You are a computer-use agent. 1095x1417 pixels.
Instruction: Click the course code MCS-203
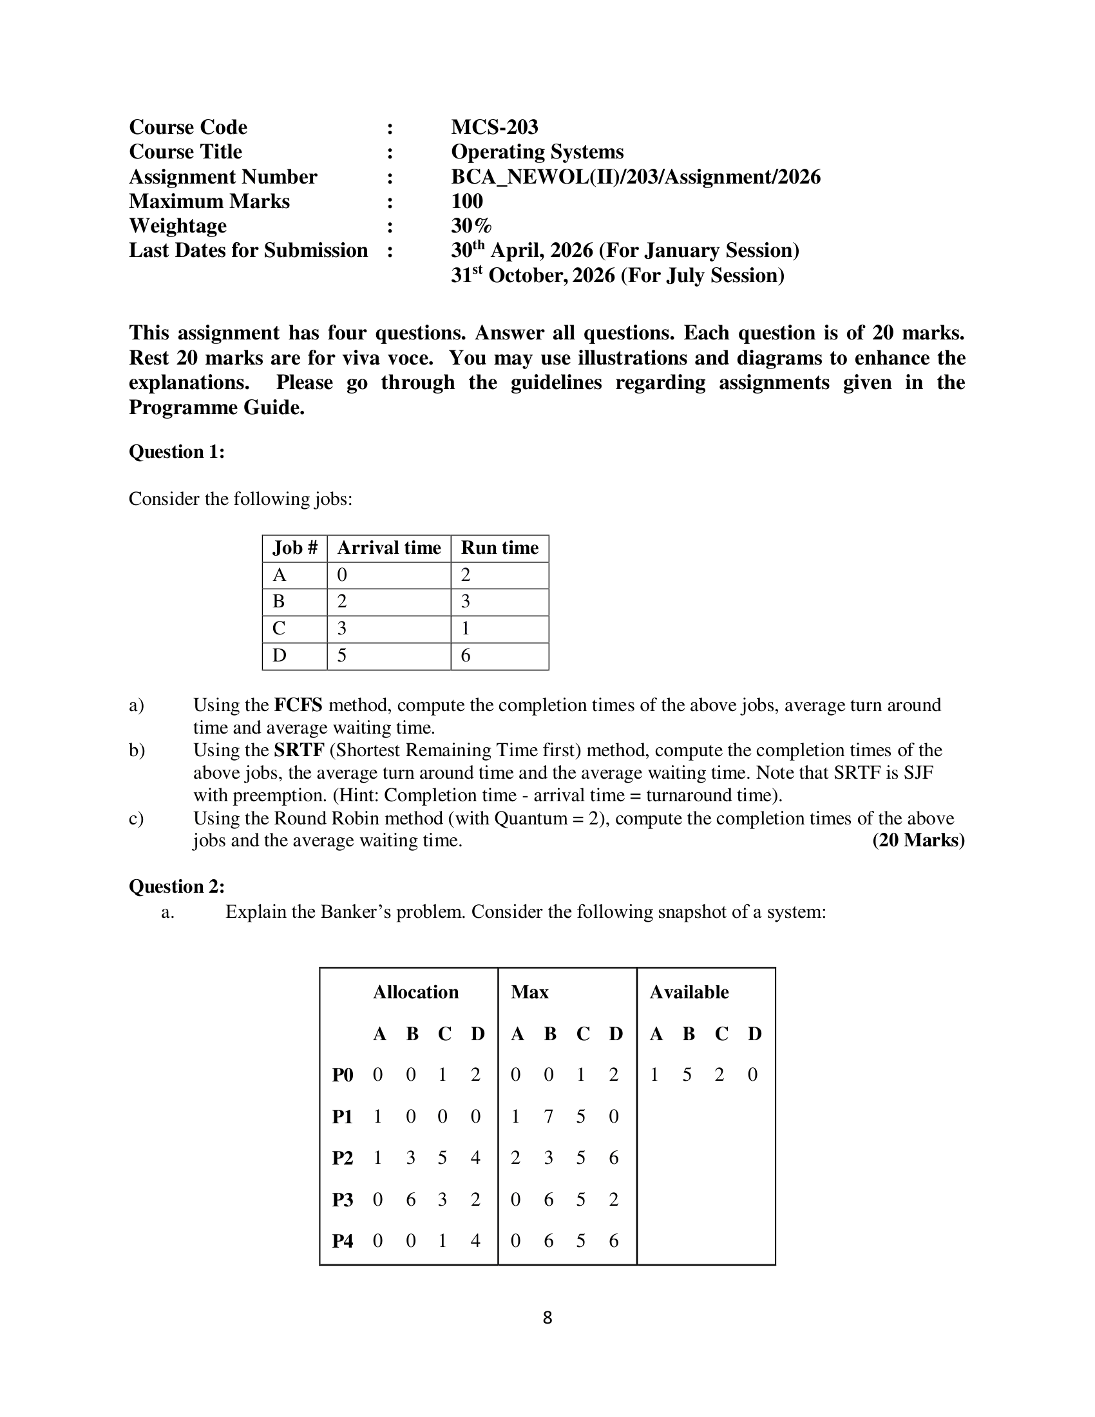pyautogui.click(x=494, y=126)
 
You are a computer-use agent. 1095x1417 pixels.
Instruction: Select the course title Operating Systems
pyautogui.click(x=537, y=152)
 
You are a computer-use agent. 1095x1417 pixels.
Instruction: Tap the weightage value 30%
pyautogui.click(x=471, y=226)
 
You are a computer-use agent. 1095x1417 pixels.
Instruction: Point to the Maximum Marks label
pyautogui.click(x=209, y=201)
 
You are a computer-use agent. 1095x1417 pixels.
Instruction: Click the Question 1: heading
pyautogui.click(x=176, y=452)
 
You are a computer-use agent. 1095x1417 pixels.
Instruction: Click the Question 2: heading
pyautogui.click(x=176, y=886)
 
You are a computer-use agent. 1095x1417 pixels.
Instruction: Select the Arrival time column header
pyautogui.click(x=388, y=548)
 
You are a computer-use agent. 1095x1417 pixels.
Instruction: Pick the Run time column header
pyautogui.click(x=499, y=548)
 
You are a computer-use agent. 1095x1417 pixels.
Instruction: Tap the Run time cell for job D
pyautogui.click(x=466, y=656)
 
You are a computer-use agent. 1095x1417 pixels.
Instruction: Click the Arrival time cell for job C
pyautogui.click(x=342, y=629)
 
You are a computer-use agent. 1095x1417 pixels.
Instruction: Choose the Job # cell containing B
pyautogui.click(x=279, y=602)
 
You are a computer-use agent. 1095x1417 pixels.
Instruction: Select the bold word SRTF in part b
pyautogui.click(x=299, y=750)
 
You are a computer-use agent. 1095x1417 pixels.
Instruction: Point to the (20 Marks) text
pyautogui.click(x=918, y=841)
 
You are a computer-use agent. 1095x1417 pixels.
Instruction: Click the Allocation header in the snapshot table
pyautogui.click(x=416, y=992)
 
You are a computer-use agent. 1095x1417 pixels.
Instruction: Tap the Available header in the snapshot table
pyautogui.click(x=689, y=992)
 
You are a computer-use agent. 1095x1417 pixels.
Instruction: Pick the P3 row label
pyautogui.click(x=343, y=1201)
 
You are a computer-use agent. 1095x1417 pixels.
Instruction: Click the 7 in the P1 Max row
pyautogui.click(x=548, y=1117)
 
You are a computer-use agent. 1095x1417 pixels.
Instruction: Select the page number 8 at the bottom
pyautogui.click(x=547, y=1318)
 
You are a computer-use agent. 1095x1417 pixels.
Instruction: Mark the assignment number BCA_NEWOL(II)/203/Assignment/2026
pyautogui.click(x=636, y=176)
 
